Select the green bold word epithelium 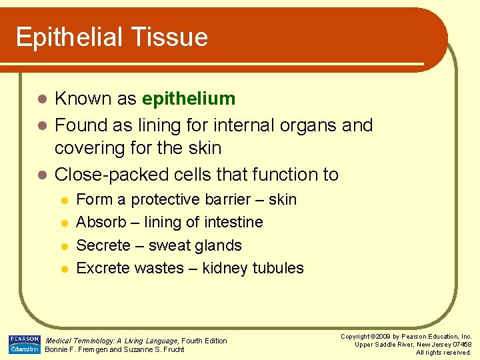point(189,99)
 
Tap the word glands point(216,245)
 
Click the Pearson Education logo point(24,344)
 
